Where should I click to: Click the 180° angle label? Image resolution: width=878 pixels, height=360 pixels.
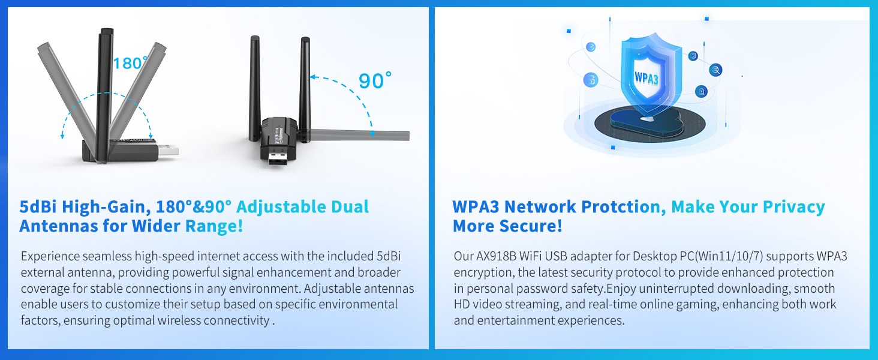(130, 63)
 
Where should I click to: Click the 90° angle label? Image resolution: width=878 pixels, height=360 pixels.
(375, 81)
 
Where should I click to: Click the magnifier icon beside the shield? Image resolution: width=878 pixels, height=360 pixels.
(715, 70)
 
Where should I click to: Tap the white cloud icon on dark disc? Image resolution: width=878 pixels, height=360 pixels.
(647, 119)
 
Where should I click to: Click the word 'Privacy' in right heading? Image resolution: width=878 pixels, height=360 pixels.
(794, 207)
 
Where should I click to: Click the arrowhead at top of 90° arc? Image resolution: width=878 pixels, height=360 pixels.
(313, 77)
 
